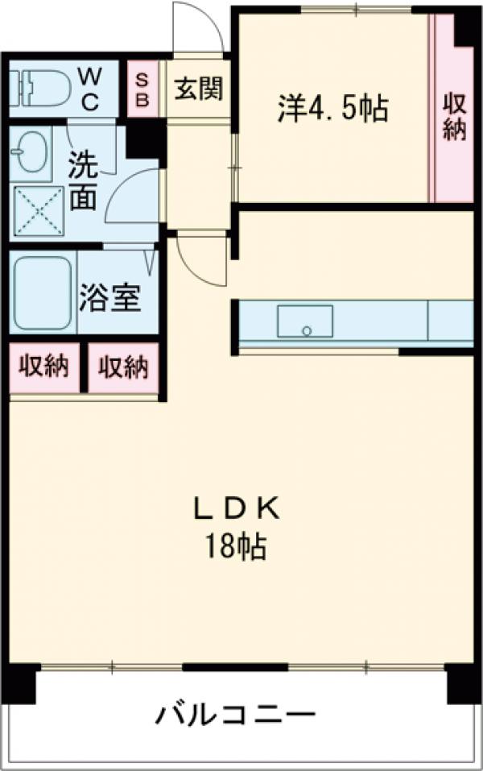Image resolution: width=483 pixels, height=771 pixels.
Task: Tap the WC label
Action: (x=89, y=89)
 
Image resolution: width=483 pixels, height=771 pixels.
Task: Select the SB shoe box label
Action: (x=142, y=89)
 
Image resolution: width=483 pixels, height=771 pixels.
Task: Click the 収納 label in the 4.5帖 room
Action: (x=454, y=116)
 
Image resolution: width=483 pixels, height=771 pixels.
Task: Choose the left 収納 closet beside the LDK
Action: (x=44, y=367)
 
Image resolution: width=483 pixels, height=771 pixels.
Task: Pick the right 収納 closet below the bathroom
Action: (x=123, y=367)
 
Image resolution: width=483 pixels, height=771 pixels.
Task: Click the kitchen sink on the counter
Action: (x=305, y=321)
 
